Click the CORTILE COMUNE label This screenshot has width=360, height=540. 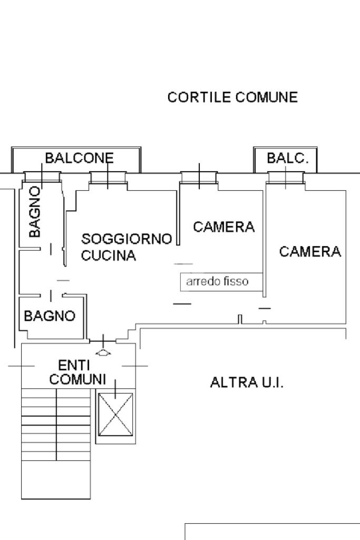(x=232, y=97)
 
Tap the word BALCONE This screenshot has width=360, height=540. (x=79, y=158)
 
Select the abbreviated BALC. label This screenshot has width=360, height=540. (x=287, y=158)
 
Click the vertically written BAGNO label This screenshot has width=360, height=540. (x=35, y=211)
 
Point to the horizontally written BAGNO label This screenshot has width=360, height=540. (x=50, y=316)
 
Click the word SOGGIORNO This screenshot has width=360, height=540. (x=127, y=239)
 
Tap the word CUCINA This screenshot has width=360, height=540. (x=109, y=256)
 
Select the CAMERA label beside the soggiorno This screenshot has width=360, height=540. (x=223, y=227)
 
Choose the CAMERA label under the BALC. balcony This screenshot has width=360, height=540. (x=310, y=252)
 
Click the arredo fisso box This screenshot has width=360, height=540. (x=221, y=281)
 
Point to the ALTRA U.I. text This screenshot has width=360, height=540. (x=247, y=382)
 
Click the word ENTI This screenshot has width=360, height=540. (x=74, y=365)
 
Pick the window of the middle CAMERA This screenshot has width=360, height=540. (x=199, y=178)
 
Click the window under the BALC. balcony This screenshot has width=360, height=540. (x=286, y=179)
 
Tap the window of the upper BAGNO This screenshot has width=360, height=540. (x=42, y=178)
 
